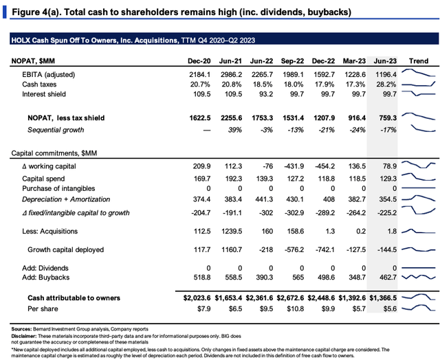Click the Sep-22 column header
(292, 61)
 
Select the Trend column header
(419, 61)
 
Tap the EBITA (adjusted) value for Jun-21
(231, 75)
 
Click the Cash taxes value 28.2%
(386, 85)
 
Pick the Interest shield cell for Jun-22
(265, 94)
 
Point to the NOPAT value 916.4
(357, 118)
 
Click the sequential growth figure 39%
(235, 130)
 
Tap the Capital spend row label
(43, 179)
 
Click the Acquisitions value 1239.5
(231, 232)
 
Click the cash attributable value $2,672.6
(290, 297)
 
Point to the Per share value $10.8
(295, 308)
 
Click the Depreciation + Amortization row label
(66, 199)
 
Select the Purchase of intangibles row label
(58, 188)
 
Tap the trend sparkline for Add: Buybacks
(418, 277)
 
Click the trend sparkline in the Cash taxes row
(418, 84)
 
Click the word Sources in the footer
(21, 329)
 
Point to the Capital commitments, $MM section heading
(54, 153)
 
